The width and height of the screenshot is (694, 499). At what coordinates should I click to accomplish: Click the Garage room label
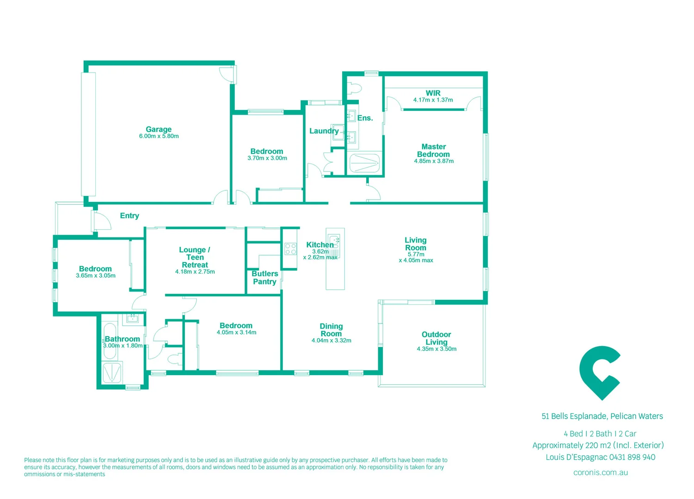[x=159, y=129]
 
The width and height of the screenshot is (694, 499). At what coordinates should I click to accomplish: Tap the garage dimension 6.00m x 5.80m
[x=159, y=136]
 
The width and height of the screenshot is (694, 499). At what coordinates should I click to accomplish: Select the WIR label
[x=433, y=93]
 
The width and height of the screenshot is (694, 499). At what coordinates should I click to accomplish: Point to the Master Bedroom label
[x=433, y=151]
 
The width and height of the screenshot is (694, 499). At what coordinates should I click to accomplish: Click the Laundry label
[x=324, y=131]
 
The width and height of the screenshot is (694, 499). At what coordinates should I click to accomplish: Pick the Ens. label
[x=365, y=118]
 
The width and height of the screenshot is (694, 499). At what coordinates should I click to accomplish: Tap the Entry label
[x=129, y=216]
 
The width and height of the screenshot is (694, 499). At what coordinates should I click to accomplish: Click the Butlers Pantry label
[x=264, y=278]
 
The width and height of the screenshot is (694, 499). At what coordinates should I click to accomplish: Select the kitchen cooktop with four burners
[x=290, y=249]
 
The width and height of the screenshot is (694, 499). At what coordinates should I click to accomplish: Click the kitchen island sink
[x=334, y=241]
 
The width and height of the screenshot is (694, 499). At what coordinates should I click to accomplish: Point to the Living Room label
[x=415, y=244]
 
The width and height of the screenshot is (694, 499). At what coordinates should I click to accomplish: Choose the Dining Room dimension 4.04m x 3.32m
[x=331, y=341]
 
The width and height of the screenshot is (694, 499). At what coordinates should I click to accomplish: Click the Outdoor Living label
[x=436, y=338]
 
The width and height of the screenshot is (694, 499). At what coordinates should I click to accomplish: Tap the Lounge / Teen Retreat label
[x=195, y=257]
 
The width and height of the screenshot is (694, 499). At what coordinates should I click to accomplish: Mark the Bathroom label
[x=122, y=339]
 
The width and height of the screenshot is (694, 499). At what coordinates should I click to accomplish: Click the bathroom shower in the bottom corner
[x=112, y=372]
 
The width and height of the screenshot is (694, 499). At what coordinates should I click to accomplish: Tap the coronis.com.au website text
[x=600, y=473]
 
